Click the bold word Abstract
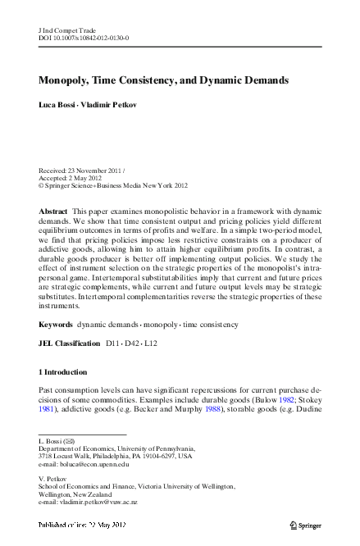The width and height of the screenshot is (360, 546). click(53, 212)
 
